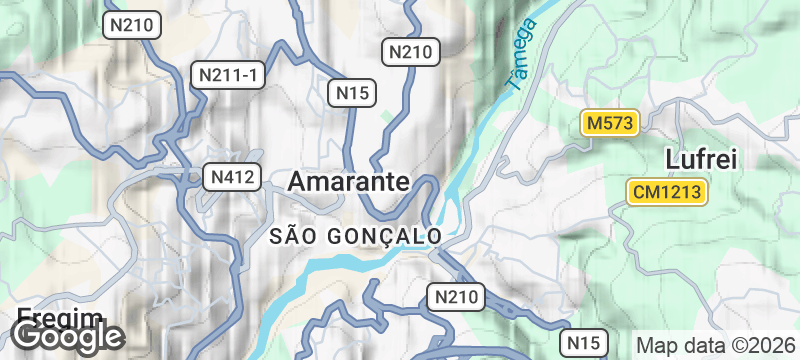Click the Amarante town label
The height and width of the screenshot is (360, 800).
[348, 181]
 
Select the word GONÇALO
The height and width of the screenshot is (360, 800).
[386, 236]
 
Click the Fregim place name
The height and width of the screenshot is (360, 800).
[60, 318]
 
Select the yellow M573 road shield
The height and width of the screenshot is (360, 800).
[610, 123]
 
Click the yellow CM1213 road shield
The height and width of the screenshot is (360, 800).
[668, 191]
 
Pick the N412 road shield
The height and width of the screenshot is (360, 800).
[233, 178]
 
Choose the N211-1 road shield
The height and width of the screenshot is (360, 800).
[230, 75]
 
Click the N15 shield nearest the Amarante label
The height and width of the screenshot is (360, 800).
[353, 93]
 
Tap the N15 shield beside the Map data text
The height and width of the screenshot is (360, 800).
[582, 342]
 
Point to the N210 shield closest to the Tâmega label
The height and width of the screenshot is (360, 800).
[411, 51]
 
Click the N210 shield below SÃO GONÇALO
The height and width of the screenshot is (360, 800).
[456, 296]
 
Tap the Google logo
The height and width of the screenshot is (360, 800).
[68, 337]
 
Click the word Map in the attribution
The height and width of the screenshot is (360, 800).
[655, 343]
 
